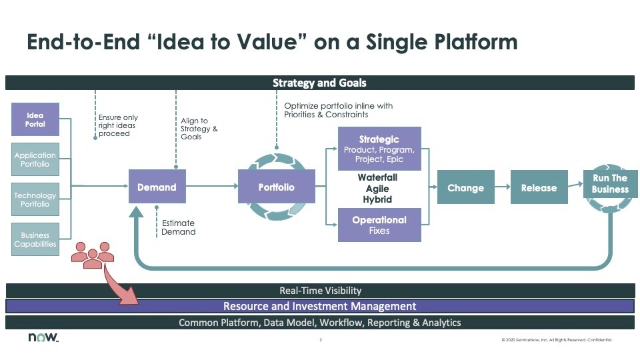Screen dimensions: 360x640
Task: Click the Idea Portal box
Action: (35, 120)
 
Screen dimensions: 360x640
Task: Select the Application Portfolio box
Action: (35, 159)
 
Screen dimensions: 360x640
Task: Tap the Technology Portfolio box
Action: (35, 199)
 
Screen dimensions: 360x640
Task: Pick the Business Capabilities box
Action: (35, 239)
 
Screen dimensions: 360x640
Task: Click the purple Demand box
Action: (157, 187)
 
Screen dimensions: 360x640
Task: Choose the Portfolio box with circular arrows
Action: (276, 187)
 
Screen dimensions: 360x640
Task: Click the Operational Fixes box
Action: (379, 225)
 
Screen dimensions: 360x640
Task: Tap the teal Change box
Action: (465, 188)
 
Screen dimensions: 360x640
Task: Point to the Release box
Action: (538, 188)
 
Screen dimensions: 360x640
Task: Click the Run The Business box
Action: (610, 184)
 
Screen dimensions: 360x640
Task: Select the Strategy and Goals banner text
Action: (319, 83)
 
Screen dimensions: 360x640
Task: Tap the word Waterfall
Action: (377, 178)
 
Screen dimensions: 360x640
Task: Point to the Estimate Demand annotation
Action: (179, 227)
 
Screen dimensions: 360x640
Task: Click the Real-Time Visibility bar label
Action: (319, 291)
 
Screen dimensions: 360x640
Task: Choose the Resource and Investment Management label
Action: (319, 307)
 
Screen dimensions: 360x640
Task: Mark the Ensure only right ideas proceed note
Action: (118, 125)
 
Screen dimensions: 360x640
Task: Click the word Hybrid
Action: (377, 199)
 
